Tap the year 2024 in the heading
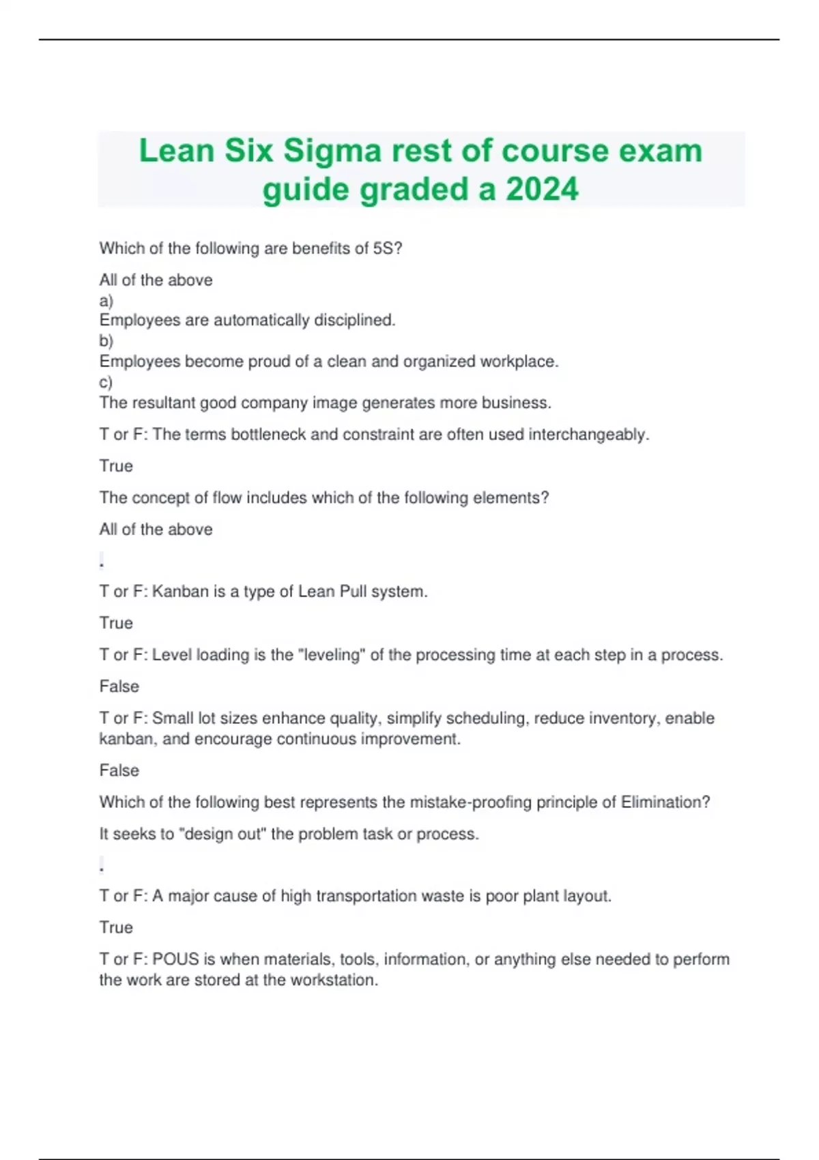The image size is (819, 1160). point(542,190)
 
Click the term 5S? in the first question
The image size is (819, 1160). point(388,248)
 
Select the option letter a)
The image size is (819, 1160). point(106,300)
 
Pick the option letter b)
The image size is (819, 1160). point(106,340)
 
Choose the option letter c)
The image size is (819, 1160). point(106,382)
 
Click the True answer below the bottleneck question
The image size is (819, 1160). point(116,466)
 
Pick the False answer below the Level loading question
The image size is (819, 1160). point(119,686)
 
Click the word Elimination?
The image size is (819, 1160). point(665,802)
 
